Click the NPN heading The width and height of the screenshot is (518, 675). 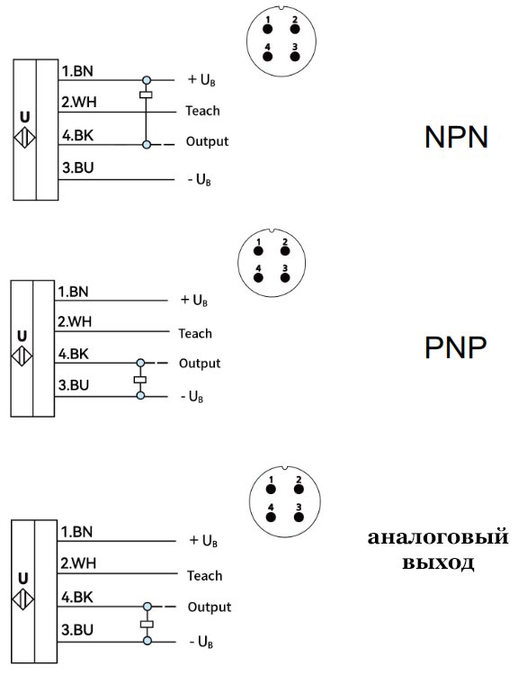click(456, 137)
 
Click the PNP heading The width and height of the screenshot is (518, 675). click(455, 347)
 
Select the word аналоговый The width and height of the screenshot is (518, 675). click(438, 538)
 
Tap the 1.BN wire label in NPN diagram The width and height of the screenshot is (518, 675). click(75, 69)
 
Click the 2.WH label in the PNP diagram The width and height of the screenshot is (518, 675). click(73, 321)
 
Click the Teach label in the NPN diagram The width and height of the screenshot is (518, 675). click(202, 112)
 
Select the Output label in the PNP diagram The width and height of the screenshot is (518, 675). click(200, 364)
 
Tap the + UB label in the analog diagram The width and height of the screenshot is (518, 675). click(204, 541)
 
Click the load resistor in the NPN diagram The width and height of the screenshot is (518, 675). click(146, 94)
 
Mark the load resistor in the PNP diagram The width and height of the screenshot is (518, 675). click(139, 380)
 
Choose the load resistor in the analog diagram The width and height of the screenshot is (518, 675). click(147, 624)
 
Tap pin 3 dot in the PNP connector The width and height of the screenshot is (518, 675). click(285, 277)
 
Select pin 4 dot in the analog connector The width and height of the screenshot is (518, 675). click(271, 517)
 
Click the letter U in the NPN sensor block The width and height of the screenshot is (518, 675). click(24, 116)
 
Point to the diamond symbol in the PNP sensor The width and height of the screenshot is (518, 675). click(22, 357)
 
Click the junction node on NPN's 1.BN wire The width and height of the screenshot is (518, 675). click(146, 79)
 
